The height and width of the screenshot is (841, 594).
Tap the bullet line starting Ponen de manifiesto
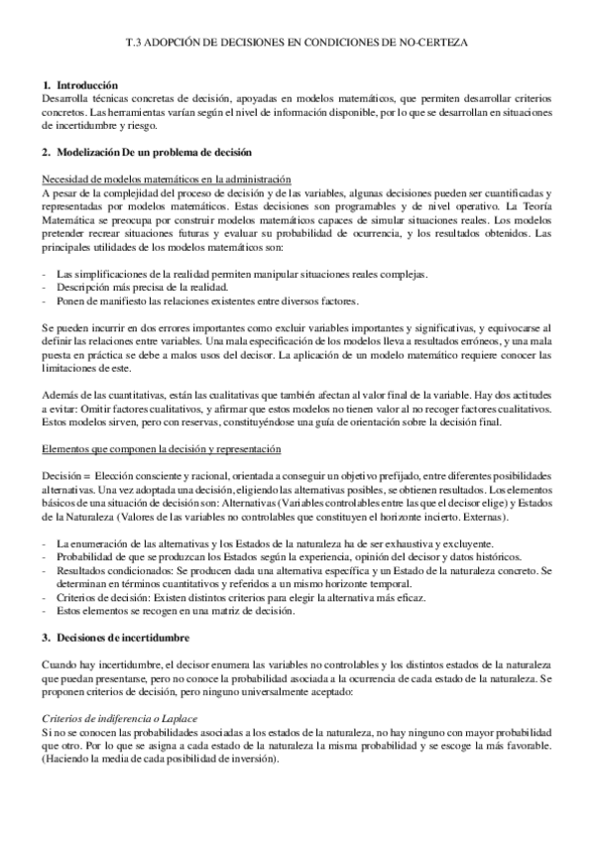click(207, 300)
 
